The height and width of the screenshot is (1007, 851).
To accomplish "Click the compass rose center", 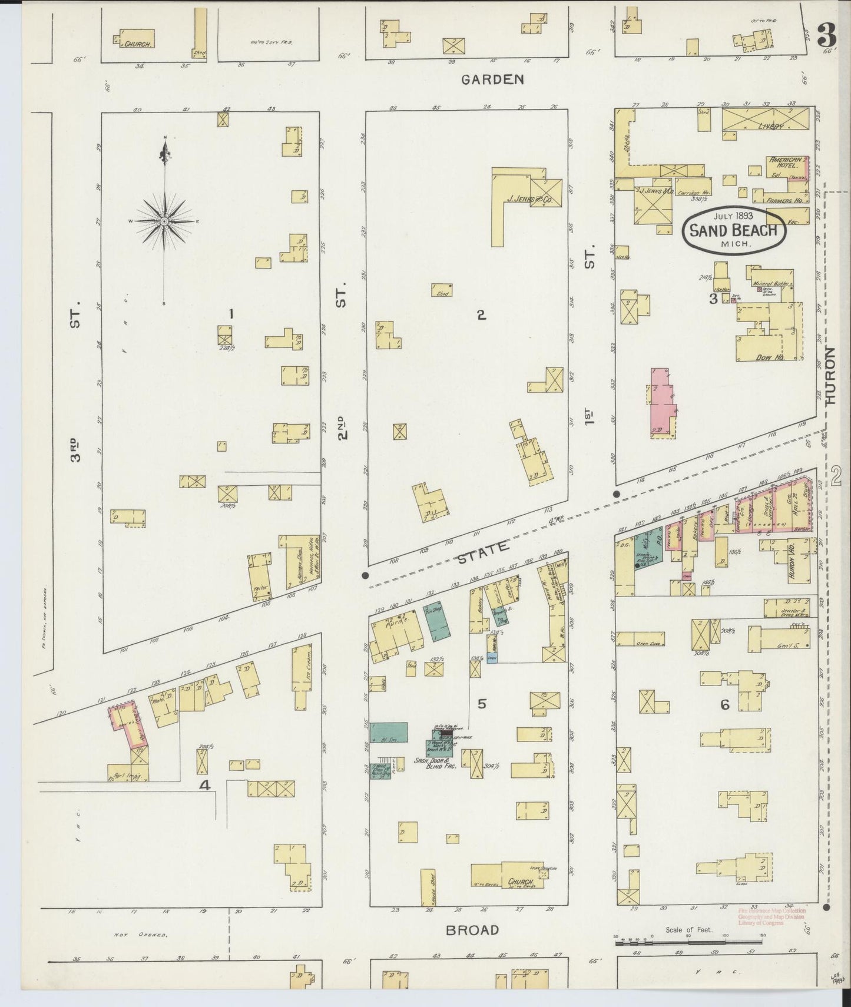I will [164, 221].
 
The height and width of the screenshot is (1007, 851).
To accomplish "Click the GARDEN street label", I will [492, 79].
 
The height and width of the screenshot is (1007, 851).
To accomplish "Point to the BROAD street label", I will [472, 930].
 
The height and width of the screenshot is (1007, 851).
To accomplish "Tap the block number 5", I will [482, 703].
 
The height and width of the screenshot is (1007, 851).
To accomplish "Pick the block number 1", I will [231, 314].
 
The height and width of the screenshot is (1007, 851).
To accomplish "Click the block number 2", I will [481, 315].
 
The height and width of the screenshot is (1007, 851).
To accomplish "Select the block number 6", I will [724, 704].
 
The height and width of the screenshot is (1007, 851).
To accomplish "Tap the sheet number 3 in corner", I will [827, 37].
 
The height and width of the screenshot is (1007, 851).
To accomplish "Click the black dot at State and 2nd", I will [365, 575].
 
